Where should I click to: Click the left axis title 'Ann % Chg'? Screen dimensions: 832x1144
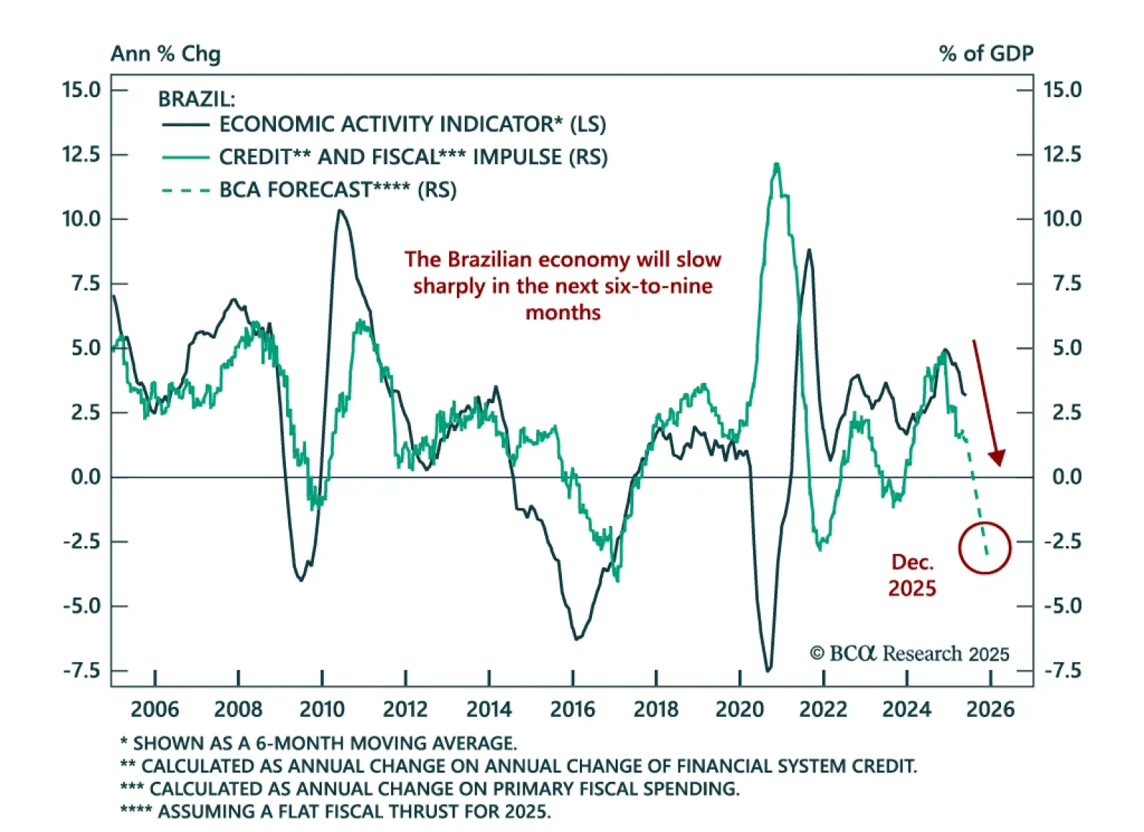tap(165, 54)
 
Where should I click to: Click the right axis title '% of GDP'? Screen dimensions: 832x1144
tap(985, 54)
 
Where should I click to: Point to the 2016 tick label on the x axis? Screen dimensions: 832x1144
tap(572, 709)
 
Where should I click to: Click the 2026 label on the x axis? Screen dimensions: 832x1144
tap(990, 709)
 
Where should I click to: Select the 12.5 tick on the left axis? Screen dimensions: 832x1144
tap(81, 154)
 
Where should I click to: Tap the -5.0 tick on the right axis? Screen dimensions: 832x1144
tap(1062, 606)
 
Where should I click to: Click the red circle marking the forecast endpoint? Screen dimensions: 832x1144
tap(985, 548)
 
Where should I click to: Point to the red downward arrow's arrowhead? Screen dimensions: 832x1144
tap(997, 457)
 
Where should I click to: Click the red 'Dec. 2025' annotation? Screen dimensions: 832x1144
tap(912, 575)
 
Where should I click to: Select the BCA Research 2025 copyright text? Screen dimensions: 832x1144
tap(909, 653)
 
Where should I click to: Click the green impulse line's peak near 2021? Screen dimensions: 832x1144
tap(776, 165)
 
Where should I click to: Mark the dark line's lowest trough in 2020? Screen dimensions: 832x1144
tap(769, 670)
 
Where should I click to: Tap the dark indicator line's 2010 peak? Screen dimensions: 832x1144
tap(340, 211)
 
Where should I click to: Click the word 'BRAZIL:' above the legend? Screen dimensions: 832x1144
tap(196, 99)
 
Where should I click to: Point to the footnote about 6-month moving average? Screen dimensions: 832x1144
tap(318, 743)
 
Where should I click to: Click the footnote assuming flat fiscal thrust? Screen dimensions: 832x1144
tap(335, 812)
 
